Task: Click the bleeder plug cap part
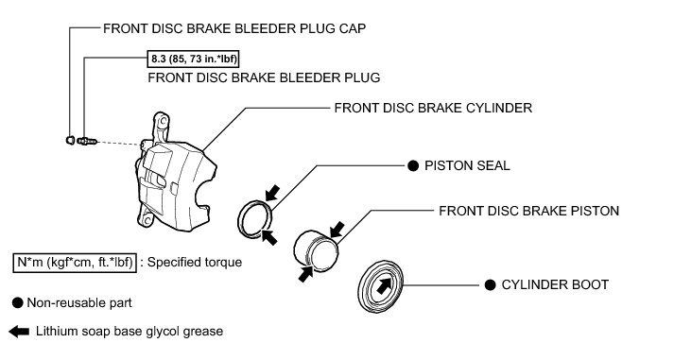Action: pos(71,140)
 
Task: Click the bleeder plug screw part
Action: pos(88,141)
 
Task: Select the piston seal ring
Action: pos(255,218)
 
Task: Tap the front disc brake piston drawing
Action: pos(316,251)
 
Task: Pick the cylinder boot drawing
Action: pos(380,286)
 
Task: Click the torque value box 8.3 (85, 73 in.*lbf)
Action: pos(193,59)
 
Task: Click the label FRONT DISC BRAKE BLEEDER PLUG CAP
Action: pos(234,28)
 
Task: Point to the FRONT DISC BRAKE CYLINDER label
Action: pos(433,108)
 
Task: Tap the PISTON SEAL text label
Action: pos(467,165)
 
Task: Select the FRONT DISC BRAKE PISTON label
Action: pos(529,211)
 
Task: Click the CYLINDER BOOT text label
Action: pos(555,284)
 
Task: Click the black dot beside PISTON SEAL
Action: pos(413,165)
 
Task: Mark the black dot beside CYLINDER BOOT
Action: pos(490,284)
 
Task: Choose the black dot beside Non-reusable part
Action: pos(18,303)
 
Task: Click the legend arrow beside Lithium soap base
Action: pos(19,332)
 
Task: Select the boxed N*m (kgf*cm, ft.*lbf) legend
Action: pos(75,262)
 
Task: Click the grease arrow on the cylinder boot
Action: pos(384,285)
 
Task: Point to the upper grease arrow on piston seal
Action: pos(272,194)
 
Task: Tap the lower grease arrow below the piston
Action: pos(306,274)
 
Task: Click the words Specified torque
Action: pos(195,262)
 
